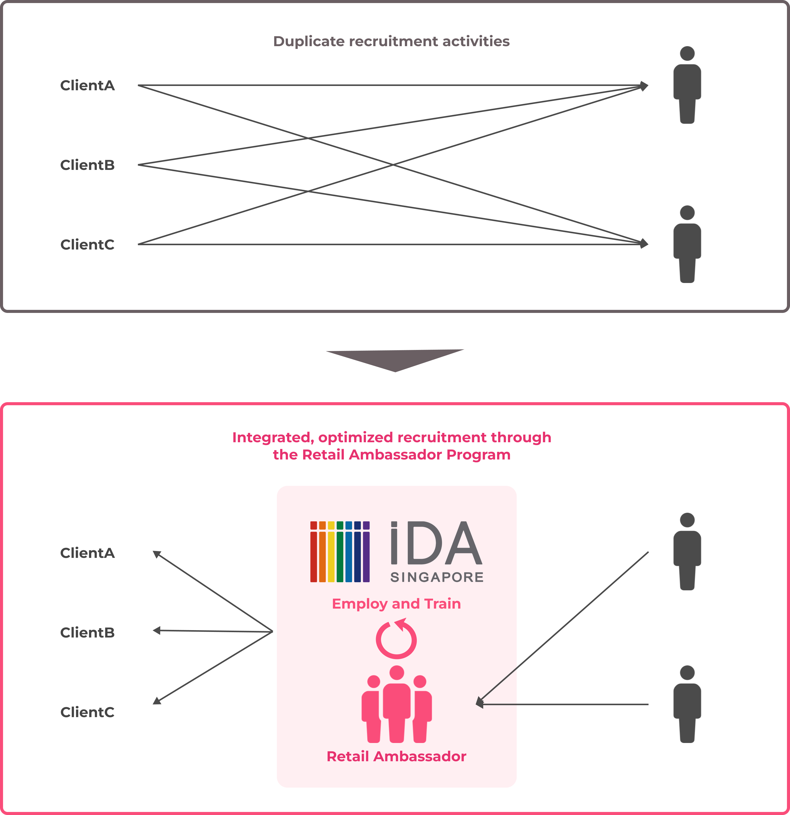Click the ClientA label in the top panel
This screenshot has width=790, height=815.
click(x=87, y=85)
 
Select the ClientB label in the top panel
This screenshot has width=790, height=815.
click(x=87, y=165)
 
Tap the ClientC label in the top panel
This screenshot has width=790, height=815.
click(x=87, y=244)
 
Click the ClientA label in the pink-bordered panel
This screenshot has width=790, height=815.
click(x=87, y=553)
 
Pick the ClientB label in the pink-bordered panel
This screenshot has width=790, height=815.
click(x=87, y=632)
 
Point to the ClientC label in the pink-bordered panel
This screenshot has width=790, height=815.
click(x=87, y=712)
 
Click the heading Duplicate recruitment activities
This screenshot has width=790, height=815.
click(x=391, y=41)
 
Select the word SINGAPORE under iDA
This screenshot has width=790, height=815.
click(x=437, y=577)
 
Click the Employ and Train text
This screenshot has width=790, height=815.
click(x=396, y=604)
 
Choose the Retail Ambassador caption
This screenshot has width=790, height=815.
click(x=396, y=756)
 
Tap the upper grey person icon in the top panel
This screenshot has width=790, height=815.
click(x=687, y=85)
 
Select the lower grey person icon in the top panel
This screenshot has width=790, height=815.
click(x=687, y=244)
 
